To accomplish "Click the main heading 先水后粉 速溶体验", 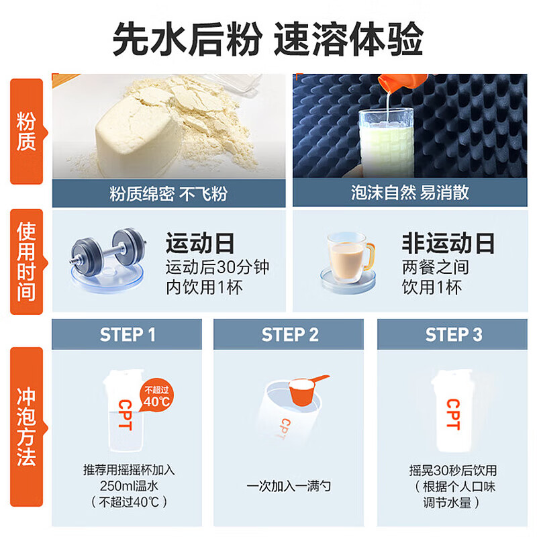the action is click(268, 38).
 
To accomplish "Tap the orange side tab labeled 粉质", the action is click(27, 132).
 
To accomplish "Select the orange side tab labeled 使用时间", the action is click(27, 262).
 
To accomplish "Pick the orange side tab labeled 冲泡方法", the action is click(27, 427).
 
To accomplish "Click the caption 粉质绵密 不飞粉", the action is click(168, 194).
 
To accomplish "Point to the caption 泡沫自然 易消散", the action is click(410, 193).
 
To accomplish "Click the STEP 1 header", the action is click(127, 334).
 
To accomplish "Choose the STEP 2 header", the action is click(289, 334).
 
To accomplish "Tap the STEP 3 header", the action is click(452, 334).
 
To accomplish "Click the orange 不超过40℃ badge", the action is click(156, 395).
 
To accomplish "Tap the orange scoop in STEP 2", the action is click(307, 390).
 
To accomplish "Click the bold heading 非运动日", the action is click(448, 244).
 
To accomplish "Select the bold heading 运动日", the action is click(200, 244).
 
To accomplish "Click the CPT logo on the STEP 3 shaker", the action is click(453, 414).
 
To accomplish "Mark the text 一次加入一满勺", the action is click(289, 486).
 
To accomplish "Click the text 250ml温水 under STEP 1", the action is click(129, 486).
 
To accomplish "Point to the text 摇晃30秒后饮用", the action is click(452, 471).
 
